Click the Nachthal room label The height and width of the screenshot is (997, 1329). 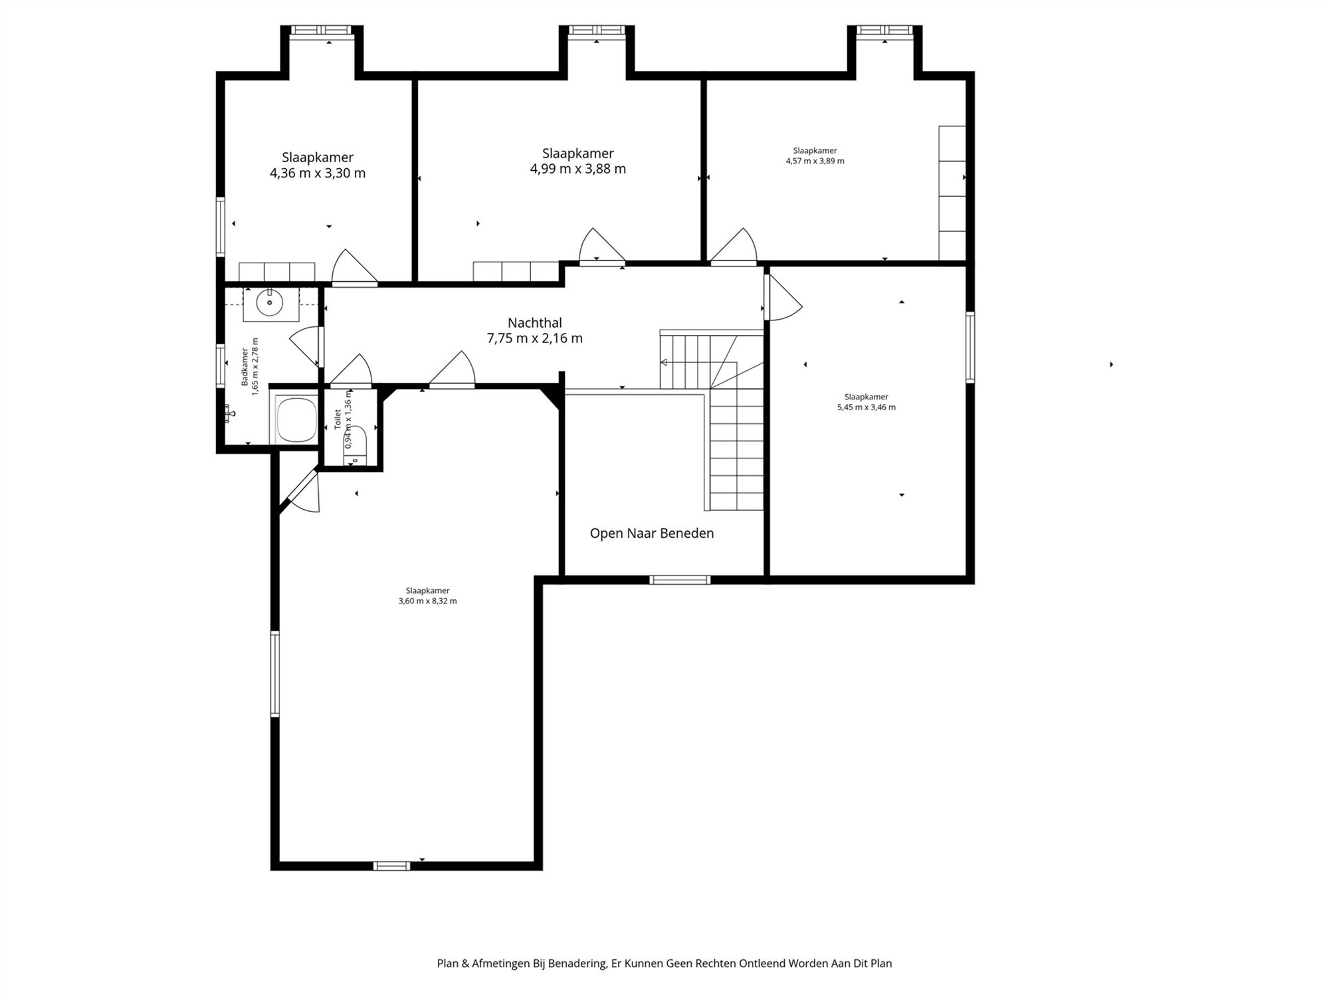click(x=535, y=323)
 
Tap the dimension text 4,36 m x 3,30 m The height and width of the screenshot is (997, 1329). click(x=318, y=173)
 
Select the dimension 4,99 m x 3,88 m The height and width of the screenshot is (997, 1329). click(x=578, y=169)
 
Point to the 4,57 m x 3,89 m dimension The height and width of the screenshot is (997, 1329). click(x=815, y=161)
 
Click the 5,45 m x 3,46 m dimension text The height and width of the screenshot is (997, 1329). click(x=867, y=407)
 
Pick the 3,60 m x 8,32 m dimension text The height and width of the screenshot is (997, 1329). click(x=428, y=601)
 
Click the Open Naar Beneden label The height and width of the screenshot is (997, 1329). click(x=652, y=533)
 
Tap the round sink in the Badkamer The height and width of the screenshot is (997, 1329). click(x=270, y=303)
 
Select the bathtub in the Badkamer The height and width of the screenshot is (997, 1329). click(x=297, y=419)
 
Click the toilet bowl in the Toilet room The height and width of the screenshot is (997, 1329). click(x=356, y=439)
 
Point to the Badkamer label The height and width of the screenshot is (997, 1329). click(x=245, y=367)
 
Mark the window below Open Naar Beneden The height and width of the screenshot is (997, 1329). click(x=680, y=580)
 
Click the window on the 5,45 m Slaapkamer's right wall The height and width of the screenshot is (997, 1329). click(x=970, y=347)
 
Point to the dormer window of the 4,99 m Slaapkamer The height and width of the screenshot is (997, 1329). click(x=597, y=30)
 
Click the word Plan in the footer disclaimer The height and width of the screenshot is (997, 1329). click(x=448, y=963)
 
